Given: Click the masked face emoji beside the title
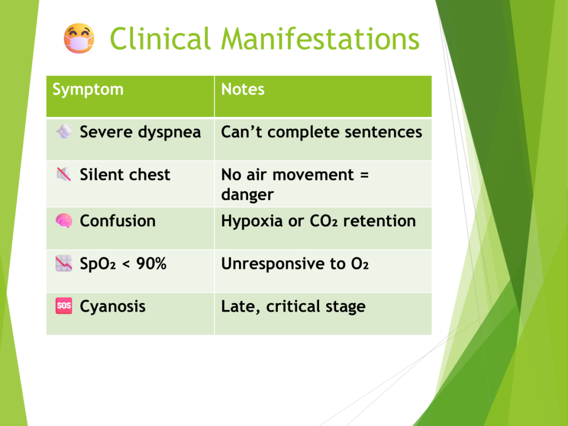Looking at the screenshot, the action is pyautogui.click(x=79, y=38).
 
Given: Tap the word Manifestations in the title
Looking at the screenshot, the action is pyautogui.click(x=320, y=38).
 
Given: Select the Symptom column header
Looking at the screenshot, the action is pyautogui.click(x=88, y=89).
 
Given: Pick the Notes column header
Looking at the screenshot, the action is pyautogui.click(x=243, y=89).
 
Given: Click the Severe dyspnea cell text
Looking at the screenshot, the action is pyautogui.click(x=140, y=132).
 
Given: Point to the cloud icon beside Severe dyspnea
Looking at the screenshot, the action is pyautogui.click(x=64, y=131).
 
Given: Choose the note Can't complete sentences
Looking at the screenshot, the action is pyautogui.click(x=322, y=132).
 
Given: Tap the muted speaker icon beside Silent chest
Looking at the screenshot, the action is pyautogui.click(x=64, y=174).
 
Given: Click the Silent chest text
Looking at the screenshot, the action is pyautogui.click(x=125, y=175).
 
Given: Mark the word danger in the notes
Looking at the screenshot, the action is pyautogui.click(x=247, y=195).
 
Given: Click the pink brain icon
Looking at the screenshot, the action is pyautogui.click(x=64, y=221).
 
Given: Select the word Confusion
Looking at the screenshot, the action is pyautogui.click(x=118, y=221).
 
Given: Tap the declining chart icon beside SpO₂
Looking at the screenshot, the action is pyautogui.click(x=64, y=263).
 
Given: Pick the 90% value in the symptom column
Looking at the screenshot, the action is pyautogui.click(x=151, y=263).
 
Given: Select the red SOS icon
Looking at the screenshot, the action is pyautogui.click(x=64, y=306).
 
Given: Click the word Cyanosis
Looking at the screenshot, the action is pyautogui.click(x=113, y=306).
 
